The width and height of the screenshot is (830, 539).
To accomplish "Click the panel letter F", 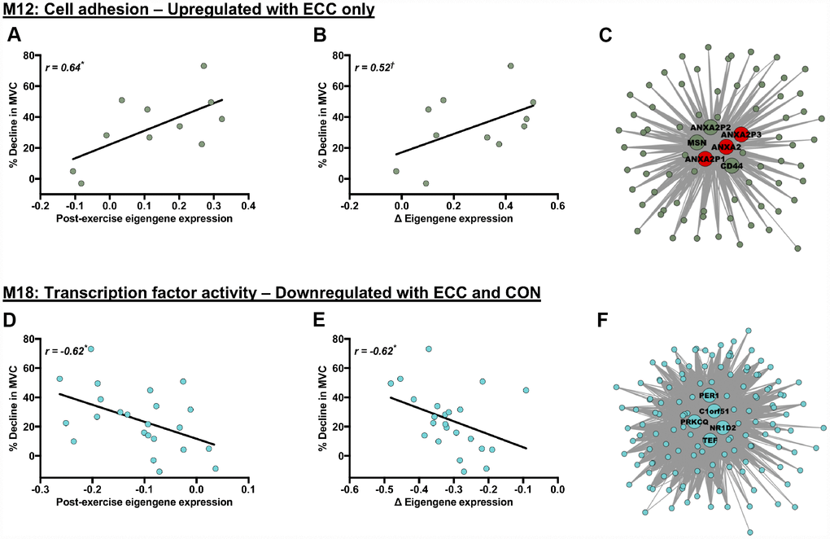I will [603, 318].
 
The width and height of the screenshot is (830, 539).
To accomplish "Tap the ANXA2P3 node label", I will [741, 134].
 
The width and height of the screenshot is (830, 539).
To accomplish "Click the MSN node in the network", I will [697, 143].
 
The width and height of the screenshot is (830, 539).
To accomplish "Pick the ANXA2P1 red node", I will [705, 160].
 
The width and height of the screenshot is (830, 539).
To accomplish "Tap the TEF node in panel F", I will [710, 440].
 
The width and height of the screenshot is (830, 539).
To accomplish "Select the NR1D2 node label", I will [723, 427].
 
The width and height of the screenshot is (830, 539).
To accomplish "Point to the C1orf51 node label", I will [713, 411].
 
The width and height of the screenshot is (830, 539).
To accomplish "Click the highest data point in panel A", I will [203, 66].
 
